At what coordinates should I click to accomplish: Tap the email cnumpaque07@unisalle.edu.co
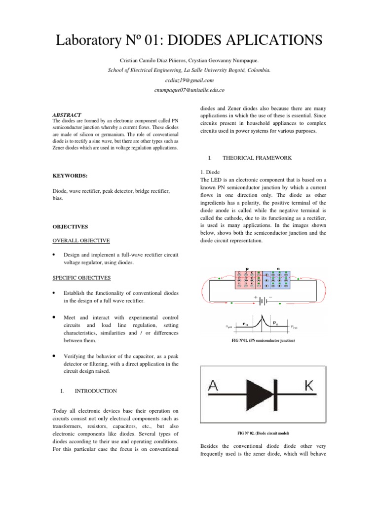(x=189, y=90)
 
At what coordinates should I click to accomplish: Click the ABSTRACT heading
(x=67, y=114)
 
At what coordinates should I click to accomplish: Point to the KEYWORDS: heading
(x=71, y=175)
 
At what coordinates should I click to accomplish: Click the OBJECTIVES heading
(x=70, y=227)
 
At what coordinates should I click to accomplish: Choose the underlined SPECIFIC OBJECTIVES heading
(x=82, y=278)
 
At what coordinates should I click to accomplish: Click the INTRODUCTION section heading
(x=95, y=391)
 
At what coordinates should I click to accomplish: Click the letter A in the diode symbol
(x=215, y=388)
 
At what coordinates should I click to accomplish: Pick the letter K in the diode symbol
(x=308, y=387)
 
